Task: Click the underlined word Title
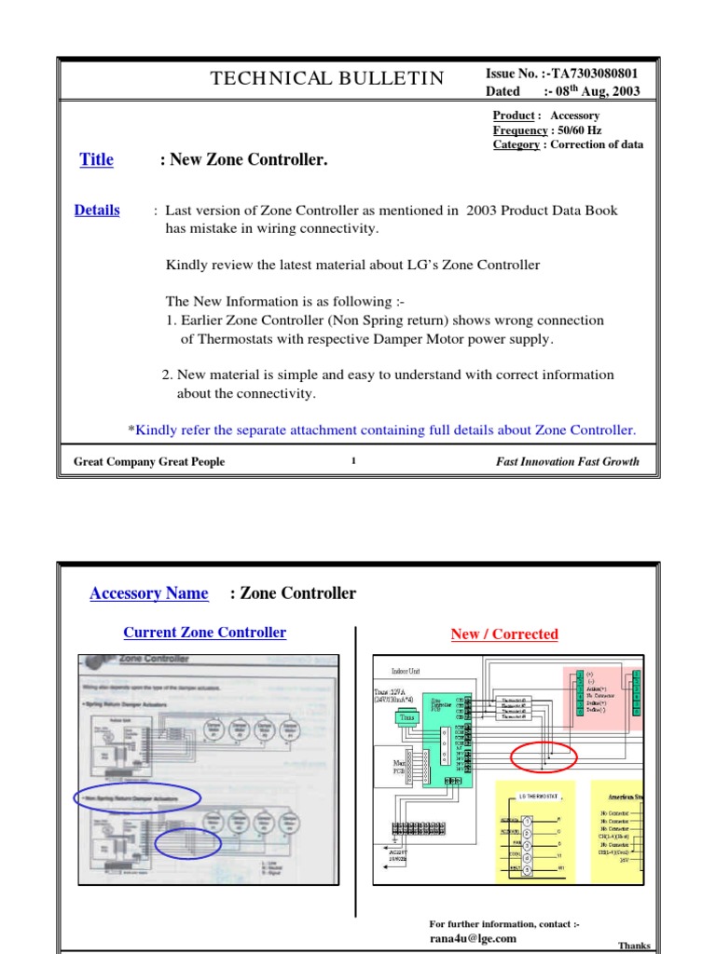96,159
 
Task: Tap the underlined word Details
97,211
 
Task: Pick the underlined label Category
516,144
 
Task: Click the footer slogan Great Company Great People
149,462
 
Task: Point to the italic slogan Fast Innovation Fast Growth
568,462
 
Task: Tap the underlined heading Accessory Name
149,593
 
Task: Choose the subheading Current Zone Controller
205,633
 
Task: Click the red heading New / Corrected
504,634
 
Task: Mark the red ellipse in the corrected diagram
544,756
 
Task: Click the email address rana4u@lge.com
472,938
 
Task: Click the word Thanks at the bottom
635,946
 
